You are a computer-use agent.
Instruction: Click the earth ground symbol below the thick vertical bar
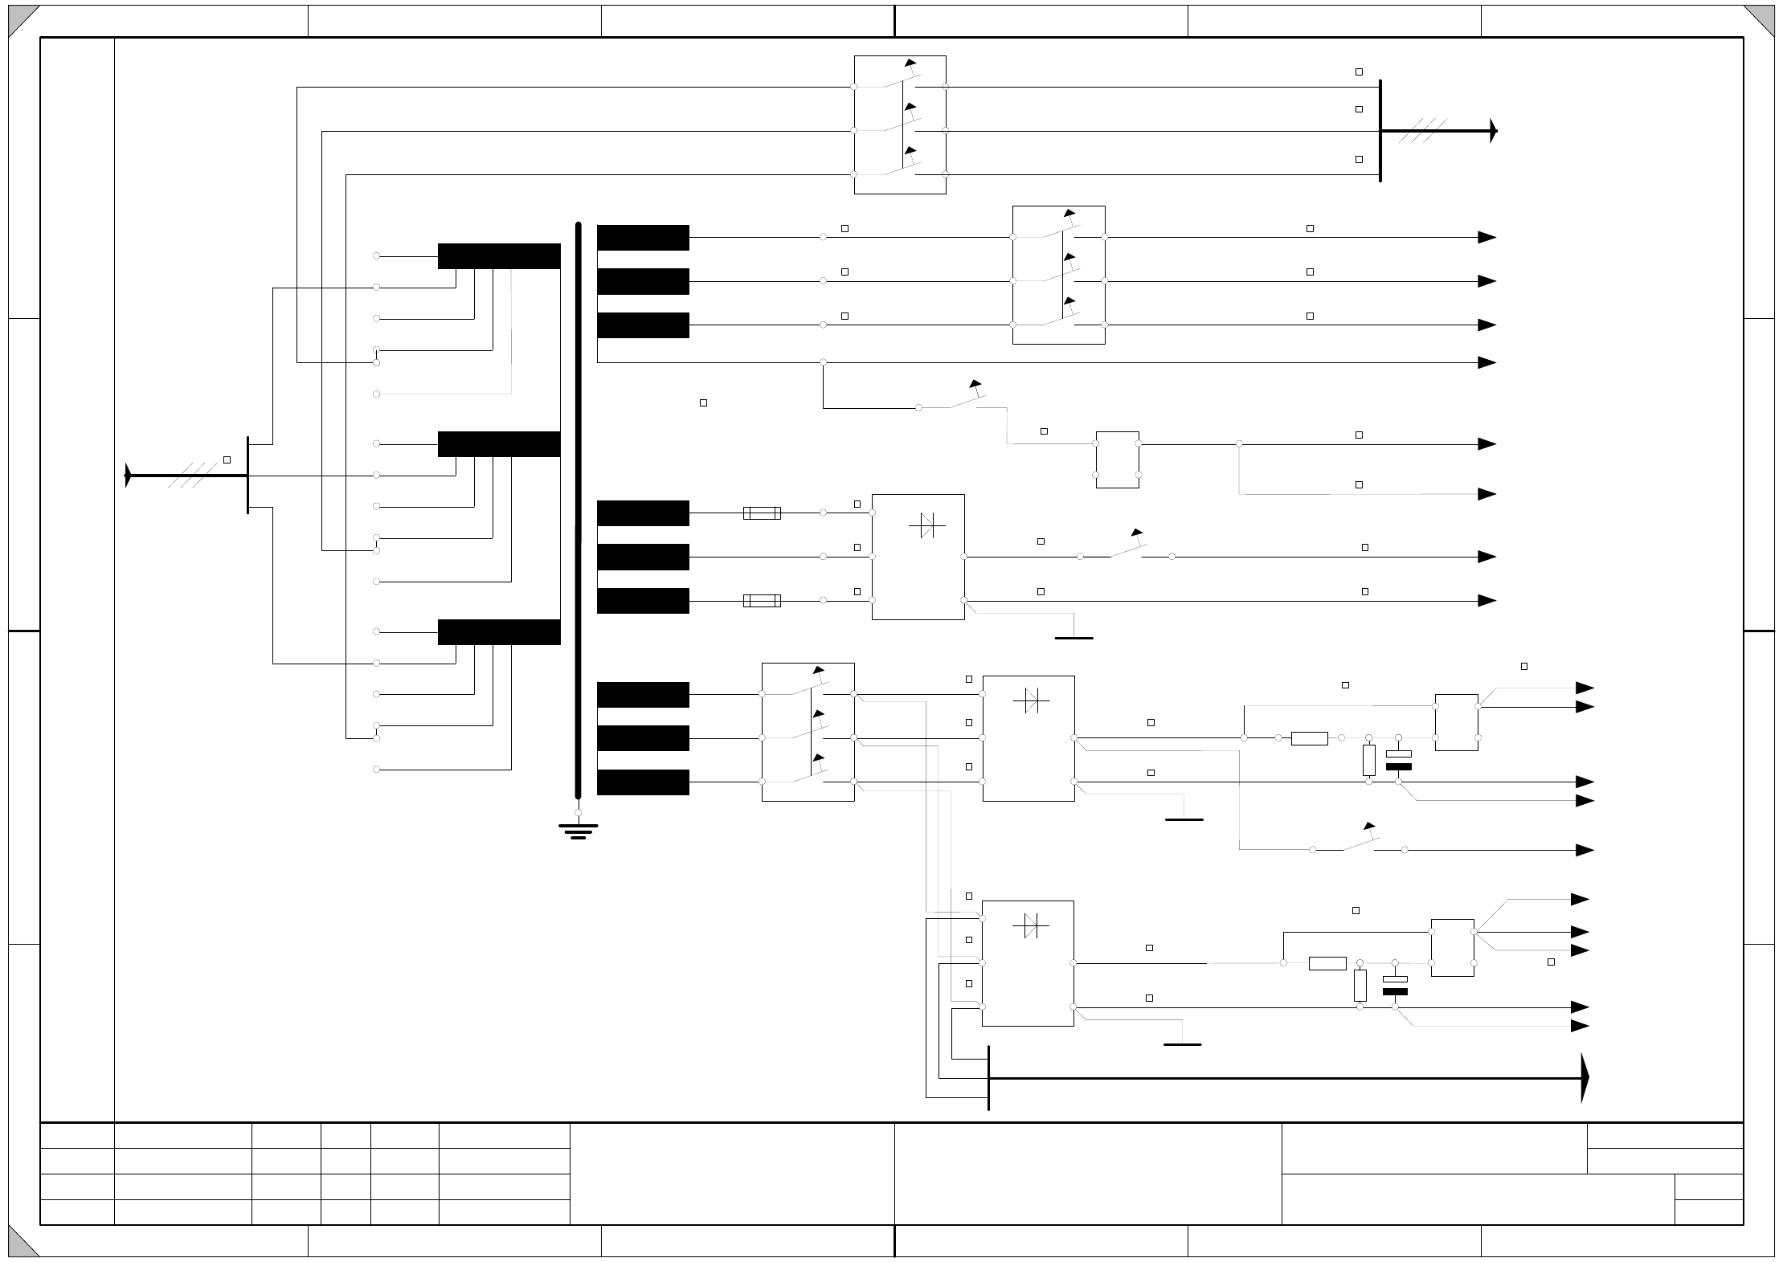(578, 831)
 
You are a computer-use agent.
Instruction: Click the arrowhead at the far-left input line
(128, 476)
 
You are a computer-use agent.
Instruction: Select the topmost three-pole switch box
(900, 125)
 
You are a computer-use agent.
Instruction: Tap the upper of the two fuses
(762, 513)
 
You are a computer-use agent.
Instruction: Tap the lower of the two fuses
(762, 600)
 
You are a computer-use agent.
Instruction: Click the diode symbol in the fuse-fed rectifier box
(927, 526)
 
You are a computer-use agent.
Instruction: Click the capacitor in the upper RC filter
(1399, 760)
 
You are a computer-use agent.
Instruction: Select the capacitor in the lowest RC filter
(1395, 986)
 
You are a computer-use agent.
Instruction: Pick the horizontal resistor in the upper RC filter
(1309, 738)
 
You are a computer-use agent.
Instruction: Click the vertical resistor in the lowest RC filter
(1360, 986)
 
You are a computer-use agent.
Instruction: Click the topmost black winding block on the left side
(499, 256)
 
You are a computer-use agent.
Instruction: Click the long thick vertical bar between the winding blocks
(578, 510)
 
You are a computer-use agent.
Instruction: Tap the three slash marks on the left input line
(194, 476)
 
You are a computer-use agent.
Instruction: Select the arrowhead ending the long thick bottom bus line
(1585, 1078)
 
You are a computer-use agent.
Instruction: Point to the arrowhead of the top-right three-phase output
(1493, 130)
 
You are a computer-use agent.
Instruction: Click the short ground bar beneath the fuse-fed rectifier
(1073, 638)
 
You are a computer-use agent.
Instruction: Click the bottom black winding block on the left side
(499, 632)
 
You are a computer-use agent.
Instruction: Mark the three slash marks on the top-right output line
(1422, 130)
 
